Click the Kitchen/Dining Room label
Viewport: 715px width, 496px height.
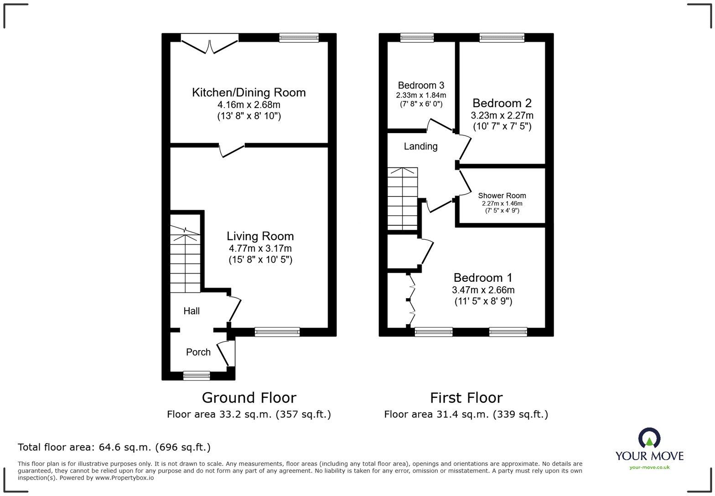click(x=249, y=93)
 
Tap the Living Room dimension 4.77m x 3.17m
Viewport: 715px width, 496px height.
click(x=260, y=248)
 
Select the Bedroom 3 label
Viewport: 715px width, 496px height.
click(x=421, y=85)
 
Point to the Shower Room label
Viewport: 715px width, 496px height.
click(x=502, y=196)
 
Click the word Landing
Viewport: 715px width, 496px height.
click(x=420, y=146)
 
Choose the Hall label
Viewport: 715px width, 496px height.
click(x=192, y=311)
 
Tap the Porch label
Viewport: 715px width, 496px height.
click(x=198, y=352)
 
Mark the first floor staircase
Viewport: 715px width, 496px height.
click(x=402, y=198)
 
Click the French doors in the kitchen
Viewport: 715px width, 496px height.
click(x=210, y=45)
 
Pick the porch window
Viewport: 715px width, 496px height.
click(x=197, y=376)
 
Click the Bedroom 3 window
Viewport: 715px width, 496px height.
click(x=417, y=38)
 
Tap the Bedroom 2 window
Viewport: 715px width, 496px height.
click(x=502, y=38)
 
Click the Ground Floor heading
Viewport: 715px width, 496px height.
click(x=249, y=398)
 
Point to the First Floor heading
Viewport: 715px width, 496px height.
click(x=466, y=398)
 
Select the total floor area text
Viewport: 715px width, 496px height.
click(x=114, y=447)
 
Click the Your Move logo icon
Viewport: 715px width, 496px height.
click(x=649, y=438)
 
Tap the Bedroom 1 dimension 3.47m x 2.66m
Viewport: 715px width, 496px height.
click(x=483, y=290)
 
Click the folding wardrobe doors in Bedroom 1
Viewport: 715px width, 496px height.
click(x=411, y=300)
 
